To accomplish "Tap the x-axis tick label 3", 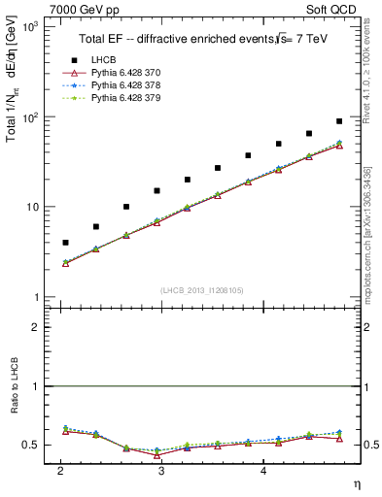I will tap(160, 470).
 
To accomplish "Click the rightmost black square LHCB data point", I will tap(339, 121).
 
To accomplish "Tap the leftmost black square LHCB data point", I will tap(65, 243).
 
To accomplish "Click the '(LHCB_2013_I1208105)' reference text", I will tap(202, 289).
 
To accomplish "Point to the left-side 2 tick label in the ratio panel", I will tap(35, 327).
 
